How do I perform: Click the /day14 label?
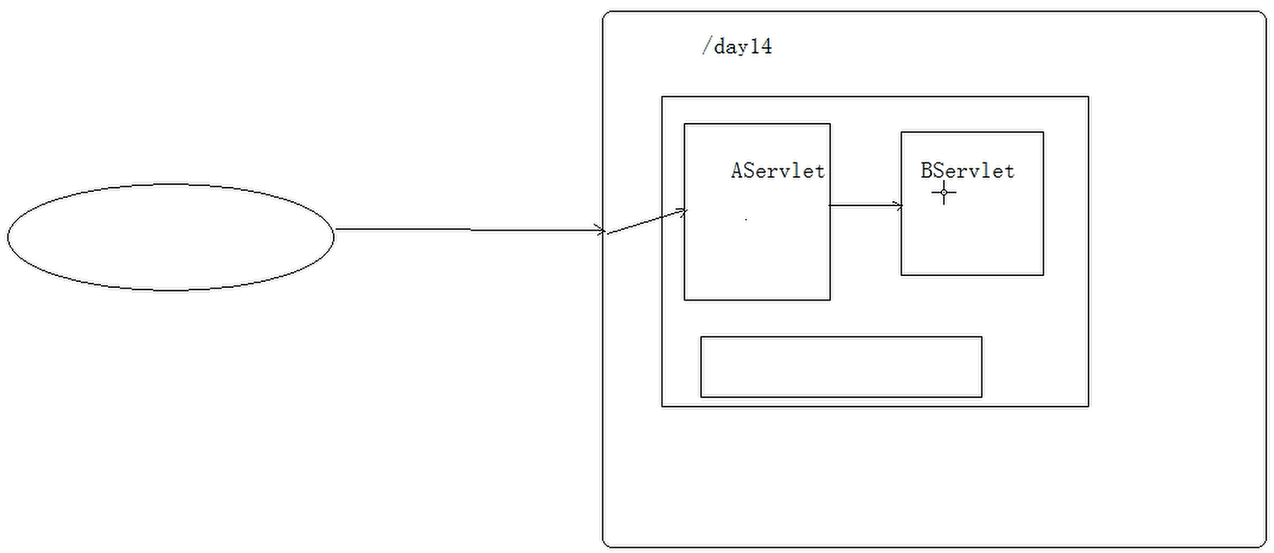point(736,47)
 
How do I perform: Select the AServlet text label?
point(777,171)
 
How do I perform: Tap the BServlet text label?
point(967,171)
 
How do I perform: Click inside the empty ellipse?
point(171,237)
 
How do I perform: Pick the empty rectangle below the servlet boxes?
point(841,366)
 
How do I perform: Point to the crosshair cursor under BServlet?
point(944,194)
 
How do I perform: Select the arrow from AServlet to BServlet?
point(865,205)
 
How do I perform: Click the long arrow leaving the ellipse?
point(469,229)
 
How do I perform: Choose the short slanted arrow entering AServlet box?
point(646,221)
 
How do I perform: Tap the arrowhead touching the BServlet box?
point(897,205)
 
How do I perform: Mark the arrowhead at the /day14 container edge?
point(601,230)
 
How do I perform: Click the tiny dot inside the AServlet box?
point(746,220)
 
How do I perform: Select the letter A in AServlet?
point(737,171)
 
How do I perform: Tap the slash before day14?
point(706,47)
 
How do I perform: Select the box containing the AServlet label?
point(757,253)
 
